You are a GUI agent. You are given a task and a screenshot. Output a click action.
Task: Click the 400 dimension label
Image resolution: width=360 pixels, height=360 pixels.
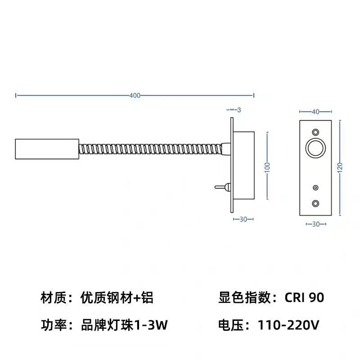(135, 95)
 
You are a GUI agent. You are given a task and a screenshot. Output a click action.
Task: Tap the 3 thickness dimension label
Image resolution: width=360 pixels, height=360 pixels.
(239, 110)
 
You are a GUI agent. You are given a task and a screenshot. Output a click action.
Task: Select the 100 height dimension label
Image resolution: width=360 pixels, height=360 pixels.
(267, 166)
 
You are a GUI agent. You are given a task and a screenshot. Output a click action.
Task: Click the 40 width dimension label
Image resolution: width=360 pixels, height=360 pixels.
(315, 111)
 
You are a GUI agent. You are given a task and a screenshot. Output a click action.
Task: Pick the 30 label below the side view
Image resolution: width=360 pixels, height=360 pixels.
(243, 219)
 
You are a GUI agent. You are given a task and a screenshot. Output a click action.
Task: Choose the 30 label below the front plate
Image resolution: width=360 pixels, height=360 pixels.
(315, 224)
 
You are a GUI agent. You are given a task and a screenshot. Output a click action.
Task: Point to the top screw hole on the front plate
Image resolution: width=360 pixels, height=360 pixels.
(315, 132)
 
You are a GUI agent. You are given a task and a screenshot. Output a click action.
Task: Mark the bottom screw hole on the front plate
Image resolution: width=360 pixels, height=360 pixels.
(315, 203)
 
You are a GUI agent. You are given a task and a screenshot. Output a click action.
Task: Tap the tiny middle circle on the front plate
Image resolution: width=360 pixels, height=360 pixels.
(315, 187)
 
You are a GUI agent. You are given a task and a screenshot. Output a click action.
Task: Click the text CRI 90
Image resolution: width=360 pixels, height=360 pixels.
(304, 297)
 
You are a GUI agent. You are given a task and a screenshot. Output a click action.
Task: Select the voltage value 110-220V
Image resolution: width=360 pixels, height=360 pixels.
(288, 325)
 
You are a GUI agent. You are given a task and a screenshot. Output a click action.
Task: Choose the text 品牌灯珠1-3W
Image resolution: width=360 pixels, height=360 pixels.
(124, 325)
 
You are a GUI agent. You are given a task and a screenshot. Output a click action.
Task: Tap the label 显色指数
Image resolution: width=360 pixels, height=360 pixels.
(244, 297)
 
